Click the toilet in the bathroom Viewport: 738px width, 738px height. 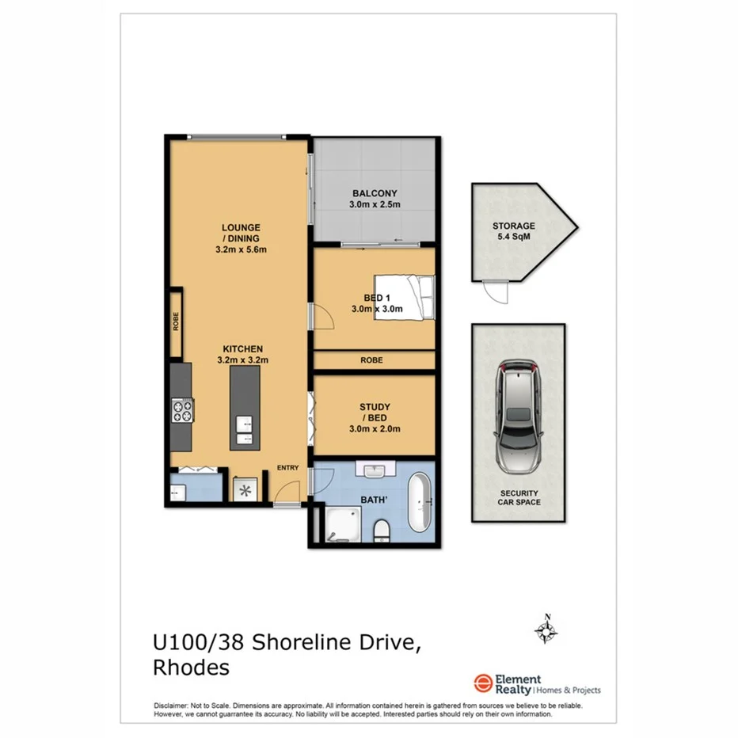[381, 529]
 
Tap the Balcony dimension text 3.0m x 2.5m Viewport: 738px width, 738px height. [375, 204]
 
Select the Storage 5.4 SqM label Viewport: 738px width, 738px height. [513, 230]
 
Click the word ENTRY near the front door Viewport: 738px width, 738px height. [287, 468]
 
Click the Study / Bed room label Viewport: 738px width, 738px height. [375, 417]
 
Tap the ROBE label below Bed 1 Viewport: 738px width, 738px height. [371, 360]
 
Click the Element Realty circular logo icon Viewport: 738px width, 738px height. [482, 684]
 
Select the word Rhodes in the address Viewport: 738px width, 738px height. [190, 668]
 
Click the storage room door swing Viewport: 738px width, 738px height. [496, 293]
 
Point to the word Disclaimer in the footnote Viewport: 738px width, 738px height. [169, 706]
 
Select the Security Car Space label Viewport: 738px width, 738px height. [518, 497]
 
